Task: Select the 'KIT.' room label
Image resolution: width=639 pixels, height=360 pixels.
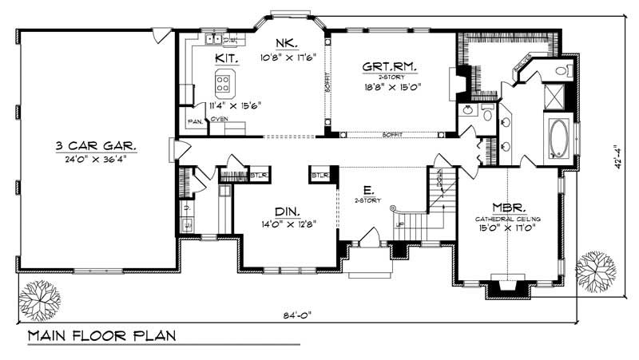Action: tap(224, 58)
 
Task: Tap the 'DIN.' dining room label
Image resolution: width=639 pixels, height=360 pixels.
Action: tap(288, 212)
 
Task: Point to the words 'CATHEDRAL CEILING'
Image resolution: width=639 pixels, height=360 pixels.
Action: tap(504, 219)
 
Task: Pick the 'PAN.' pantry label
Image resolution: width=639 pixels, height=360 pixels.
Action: tap(194, 121)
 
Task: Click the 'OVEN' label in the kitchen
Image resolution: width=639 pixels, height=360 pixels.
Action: tap(220, 120)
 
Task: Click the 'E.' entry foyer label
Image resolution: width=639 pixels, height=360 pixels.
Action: tap(367, 190)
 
